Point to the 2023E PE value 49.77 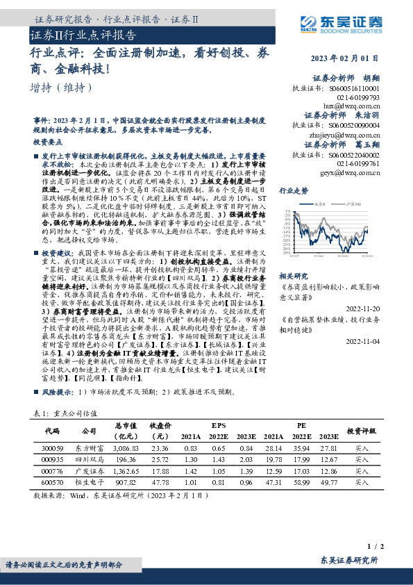(329, 481)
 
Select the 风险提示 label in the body (58, 392)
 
